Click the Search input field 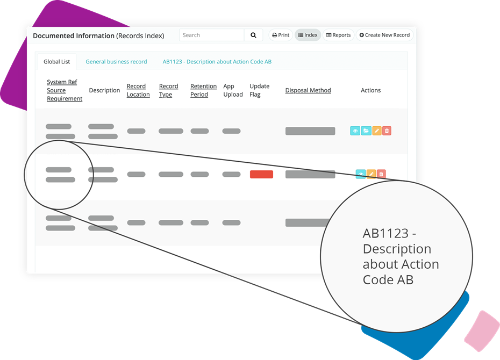pyautogui.click(x=212, y=35)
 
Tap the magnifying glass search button pyautogui.click(x=254, y=35)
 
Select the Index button pyautogui.click(x=308, y=35)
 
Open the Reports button pyautogui.click(x=338, y=35)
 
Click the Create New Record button pyautogui.click(x=384, y=35)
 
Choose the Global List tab pyautogui.click(x=57, y=61)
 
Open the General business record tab pyautogui.click(x=116, y=61)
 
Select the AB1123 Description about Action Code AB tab pyautogui.click(x=217, y=61)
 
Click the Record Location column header pyautogui.click(x=138, y=90)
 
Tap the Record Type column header pyautogui.click(x=169, y=90)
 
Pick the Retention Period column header pyautogui.click(x=203, y=90)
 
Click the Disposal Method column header pyautogui.click(x=308, y=90)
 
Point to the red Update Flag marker pyautogui.click(x=261, y=174)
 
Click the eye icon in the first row pyautogui.click(x=355, y=131)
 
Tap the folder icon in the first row pyautogui.click(x=366, y=131)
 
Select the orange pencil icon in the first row pyautogui.click(x=377, y=131)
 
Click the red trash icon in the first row pyautogui.click(x=387, y=131)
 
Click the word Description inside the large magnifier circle pyautogui.click(x=397, y=249)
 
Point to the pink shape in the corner pyautogui.click(x=482, y=331)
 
